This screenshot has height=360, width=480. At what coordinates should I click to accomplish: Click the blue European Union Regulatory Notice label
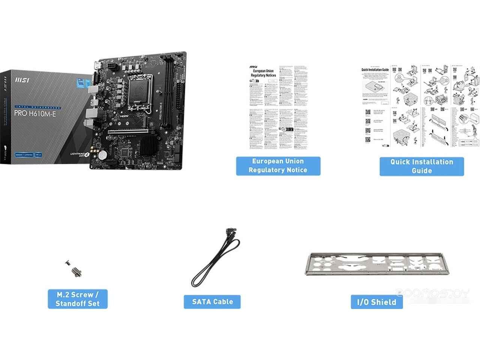click(278, 166)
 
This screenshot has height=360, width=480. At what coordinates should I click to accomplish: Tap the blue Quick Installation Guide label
click(421, 166)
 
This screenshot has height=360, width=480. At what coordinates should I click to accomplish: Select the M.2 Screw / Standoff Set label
click(78, 299)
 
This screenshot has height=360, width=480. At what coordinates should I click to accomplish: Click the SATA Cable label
click(212, 301)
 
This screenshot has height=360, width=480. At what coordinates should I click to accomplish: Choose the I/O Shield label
click(376, 302)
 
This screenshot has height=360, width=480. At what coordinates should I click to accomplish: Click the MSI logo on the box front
click(22, 80)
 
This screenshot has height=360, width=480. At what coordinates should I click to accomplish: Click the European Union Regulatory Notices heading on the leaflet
click(263, 73)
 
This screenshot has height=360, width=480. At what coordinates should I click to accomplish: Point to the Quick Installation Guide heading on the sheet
click(375, 70)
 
